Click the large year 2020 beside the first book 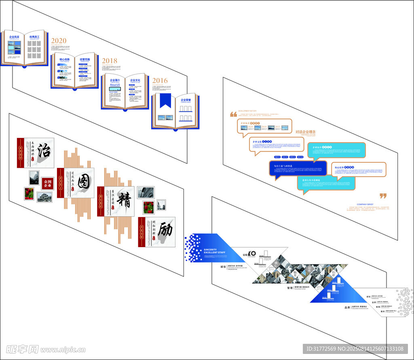59,40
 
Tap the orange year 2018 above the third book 110,61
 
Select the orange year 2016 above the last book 160,80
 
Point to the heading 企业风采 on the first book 15,37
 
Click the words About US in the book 115,85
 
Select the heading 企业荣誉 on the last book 186,100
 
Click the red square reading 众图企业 47,184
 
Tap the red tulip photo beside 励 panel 148,207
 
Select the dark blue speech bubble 298,168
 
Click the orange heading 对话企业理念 305,132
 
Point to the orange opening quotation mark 233,114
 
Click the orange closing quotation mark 383,196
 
